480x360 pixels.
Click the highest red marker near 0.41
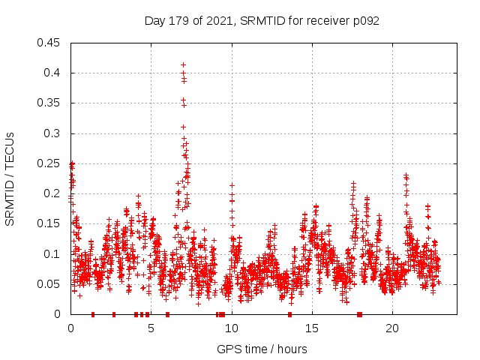[x=183, y=65]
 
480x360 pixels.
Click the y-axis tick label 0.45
[x=50, y=43]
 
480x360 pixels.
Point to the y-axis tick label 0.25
[x=50, y=163]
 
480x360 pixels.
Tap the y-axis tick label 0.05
[x=50, y=284]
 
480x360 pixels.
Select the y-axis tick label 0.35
[x=50, y=103]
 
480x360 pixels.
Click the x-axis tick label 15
[x=311, y=328]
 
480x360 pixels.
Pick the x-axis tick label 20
[x=391, y=328]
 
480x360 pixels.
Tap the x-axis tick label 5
[x=151, y=328]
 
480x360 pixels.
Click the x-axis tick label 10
[x=231, y=328]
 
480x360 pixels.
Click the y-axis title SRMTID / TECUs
[x=10, y=178]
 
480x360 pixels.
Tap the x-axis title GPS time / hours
[x=262, y=349]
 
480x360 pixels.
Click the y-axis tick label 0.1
[x=53, y=254]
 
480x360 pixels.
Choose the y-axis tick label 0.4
[x=53, y=73]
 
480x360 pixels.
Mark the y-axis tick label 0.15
[x=50, y=223]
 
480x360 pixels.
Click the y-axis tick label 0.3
[x=53, y=133]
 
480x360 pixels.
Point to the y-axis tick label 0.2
[x=53, y=193]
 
